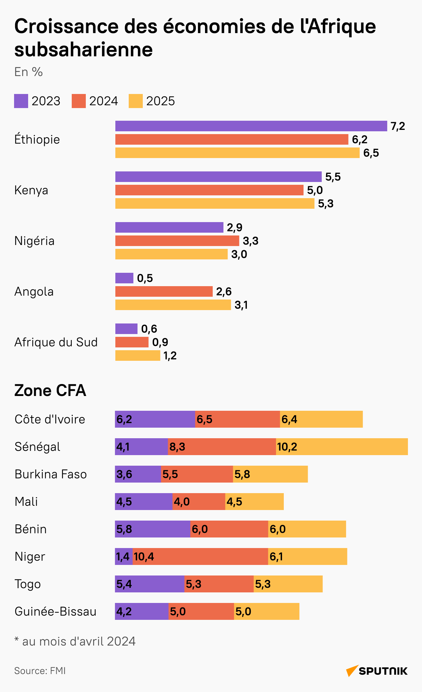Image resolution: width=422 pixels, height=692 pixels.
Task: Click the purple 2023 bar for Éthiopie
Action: click(251, 126)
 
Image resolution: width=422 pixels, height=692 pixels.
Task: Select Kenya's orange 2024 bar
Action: click(209, 190)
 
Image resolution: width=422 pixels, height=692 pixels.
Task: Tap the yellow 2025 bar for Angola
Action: click(173, 305)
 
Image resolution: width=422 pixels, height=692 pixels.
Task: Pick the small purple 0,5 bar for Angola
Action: click(124, 278)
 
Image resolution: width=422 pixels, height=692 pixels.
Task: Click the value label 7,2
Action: click(398, 126)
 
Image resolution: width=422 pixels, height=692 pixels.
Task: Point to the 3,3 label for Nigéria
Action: click(250, 241)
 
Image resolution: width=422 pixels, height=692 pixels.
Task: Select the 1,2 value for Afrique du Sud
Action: click(170, 356)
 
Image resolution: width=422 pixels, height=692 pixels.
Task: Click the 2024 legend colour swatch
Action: click(78, 101)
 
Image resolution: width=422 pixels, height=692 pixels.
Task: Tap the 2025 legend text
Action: click(160, 101)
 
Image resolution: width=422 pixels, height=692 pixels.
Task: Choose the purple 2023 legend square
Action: click(21, 101)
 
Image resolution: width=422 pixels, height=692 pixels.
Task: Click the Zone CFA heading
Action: click(50, 391)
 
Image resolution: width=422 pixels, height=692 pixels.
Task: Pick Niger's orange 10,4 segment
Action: click(200, 556)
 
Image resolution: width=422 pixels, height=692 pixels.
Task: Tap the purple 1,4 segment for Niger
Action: click(123, 556)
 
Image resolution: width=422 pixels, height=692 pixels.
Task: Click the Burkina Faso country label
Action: click(51, 474)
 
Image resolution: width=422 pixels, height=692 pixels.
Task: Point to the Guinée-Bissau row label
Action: click(55, 612)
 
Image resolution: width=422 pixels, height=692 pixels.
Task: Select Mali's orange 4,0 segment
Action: click(199, 502)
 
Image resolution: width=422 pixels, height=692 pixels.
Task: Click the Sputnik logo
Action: click(377, 671)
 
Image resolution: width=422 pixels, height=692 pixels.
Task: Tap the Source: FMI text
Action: click(40, 671)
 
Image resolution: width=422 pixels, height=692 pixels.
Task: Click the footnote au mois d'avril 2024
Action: click(75, 641)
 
